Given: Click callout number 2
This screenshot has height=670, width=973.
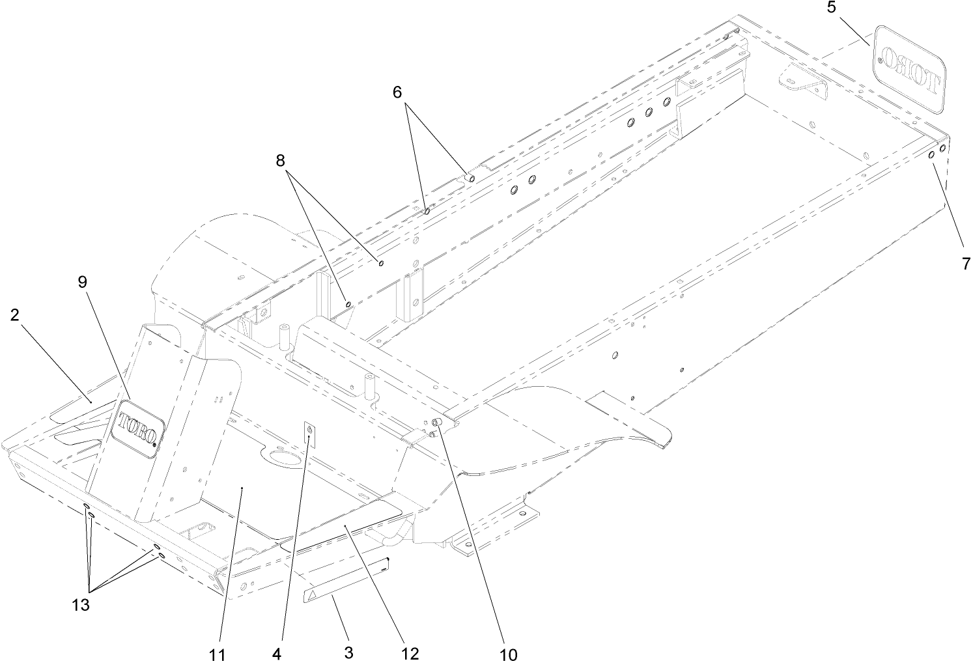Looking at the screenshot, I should point(14,314).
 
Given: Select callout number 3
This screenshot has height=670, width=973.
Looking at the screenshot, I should point(348,652).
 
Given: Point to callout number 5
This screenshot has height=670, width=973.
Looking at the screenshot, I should point(832,8).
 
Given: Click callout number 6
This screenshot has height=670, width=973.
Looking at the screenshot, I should point(397,92).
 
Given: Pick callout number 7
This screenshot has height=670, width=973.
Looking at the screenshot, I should point(966,264).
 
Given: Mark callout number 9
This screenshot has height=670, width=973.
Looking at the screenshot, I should point(82,282).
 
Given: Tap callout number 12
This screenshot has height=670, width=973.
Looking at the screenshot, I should point(410,652).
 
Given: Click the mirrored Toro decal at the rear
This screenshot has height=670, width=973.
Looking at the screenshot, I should point(910,70).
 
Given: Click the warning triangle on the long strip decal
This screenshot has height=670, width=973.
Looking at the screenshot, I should point(313,594).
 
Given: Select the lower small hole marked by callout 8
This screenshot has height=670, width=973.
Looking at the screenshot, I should point(349,303).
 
